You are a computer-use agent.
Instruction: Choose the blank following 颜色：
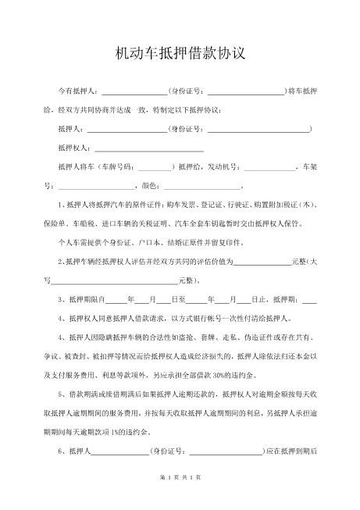click(201, 186)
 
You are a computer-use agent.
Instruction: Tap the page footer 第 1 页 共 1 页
click(180, 498)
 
